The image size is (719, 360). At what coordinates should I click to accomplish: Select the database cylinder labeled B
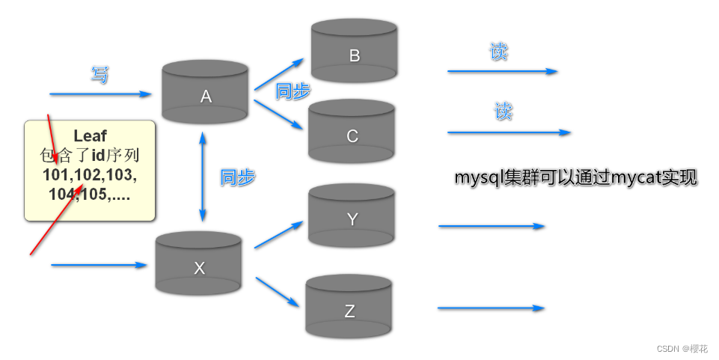point(354,52)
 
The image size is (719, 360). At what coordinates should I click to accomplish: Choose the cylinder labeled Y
point(352,218)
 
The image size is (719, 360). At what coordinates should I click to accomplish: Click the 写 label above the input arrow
point(100,75)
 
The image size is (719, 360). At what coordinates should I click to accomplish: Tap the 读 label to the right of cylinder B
point(499,53)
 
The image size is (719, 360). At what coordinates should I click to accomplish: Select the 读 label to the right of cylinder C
point(504,112)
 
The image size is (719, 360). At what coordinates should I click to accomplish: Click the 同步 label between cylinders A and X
point(237,177)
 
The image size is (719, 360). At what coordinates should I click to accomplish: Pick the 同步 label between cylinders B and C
point(293,91)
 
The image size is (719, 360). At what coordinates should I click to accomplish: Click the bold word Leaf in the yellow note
point(90,136)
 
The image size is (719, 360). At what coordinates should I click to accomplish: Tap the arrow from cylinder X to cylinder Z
point(278,293)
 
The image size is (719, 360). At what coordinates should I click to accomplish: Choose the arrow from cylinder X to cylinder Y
point(278,235)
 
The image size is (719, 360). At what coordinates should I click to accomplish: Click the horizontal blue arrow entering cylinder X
point(98,265)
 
